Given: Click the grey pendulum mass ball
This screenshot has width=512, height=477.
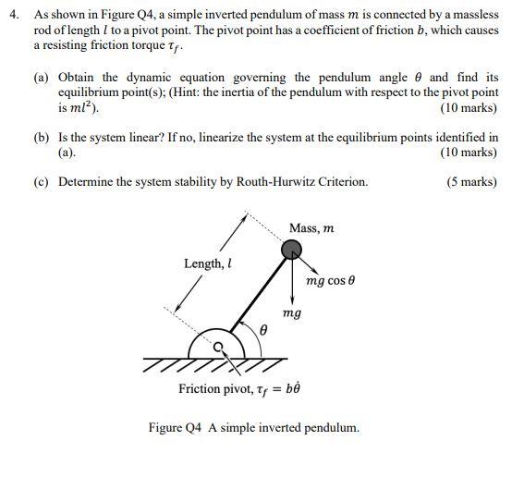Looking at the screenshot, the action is tap(290, 249).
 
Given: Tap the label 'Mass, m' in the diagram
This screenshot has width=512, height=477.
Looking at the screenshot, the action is tap(311, 227).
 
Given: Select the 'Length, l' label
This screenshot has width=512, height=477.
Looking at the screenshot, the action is tap(207, 263).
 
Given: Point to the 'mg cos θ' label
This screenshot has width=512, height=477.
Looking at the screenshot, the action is tap(331, 280).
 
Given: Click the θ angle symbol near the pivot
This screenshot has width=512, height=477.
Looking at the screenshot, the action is tap(263, 328).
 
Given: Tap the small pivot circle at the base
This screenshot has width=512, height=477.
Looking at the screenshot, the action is tap(219, 348).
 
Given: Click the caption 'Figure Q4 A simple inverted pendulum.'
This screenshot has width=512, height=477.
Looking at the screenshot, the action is tap(253, 428).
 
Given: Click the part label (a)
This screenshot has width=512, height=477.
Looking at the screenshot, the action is tap(42, 78).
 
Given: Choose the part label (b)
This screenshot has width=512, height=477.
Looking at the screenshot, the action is tap(42, 137).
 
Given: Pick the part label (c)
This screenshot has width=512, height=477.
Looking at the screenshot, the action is tap(42, 182).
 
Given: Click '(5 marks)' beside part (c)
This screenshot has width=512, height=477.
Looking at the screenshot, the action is tap(471, 182).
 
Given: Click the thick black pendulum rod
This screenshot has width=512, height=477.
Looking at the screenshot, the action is tap(257, 296).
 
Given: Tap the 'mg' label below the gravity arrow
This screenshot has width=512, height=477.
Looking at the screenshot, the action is tap(291, 314).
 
